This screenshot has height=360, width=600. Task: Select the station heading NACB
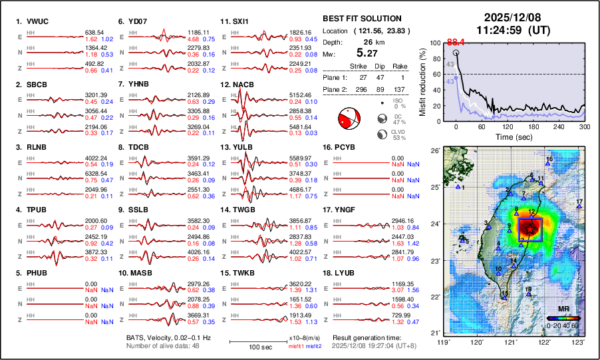pyautogui.click(x=243, y=85)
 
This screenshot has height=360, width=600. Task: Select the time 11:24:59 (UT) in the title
pyautogui.click(x=512, y=30)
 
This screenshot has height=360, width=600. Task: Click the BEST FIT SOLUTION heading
pyautogui.click(x=361, y=19)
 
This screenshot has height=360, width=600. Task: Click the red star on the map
pyautogui.click(x=529, y=228)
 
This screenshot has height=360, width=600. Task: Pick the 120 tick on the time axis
pyautogui.click(x=508, y=126)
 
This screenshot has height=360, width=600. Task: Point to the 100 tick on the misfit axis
pyautogui.click(x=436, y=43)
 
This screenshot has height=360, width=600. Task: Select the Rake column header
pyautogui.click(x=401, y=67)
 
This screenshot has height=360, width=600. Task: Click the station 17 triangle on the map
pyautogui.click(x=579, y=207)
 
